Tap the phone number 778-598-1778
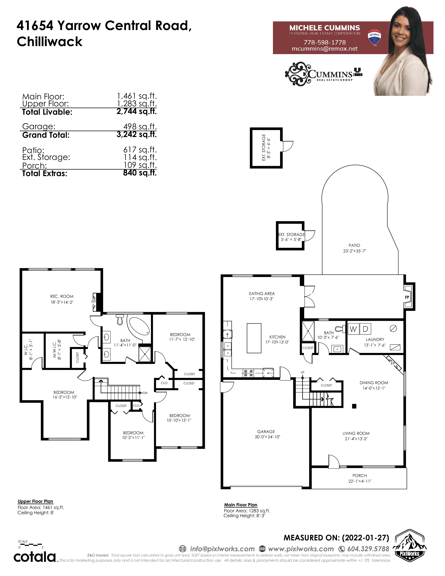[x=325, y=42]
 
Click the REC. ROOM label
[x=62, y=296]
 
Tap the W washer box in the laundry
[x=354, y=329]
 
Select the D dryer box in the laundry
[x=365, y=329]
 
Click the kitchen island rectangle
[x=254, y=338]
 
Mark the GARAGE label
[x=266, y=432]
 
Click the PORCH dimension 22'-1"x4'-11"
[x=360, y=481]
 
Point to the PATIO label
[x=354, y=245]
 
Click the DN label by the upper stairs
[x=145, y=393]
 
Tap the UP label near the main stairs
[x=302, y=372]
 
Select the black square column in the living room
[x=354, y=406]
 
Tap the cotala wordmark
[x=35, y=557]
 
